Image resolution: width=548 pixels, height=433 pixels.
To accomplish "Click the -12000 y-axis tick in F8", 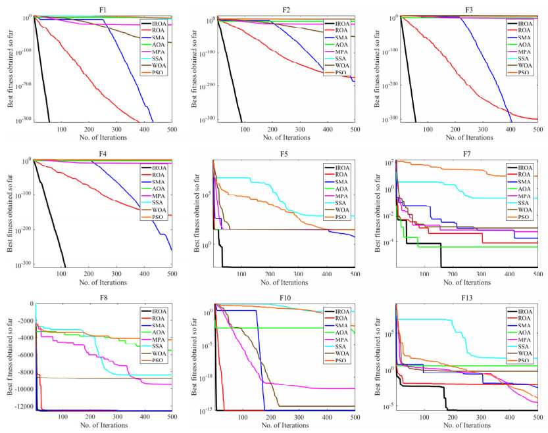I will coord(18,407).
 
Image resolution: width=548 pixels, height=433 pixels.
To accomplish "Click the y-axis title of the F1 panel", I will coord(8,69).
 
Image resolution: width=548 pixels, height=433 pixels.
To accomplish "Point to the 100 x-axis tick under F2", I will coord(245,129).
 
